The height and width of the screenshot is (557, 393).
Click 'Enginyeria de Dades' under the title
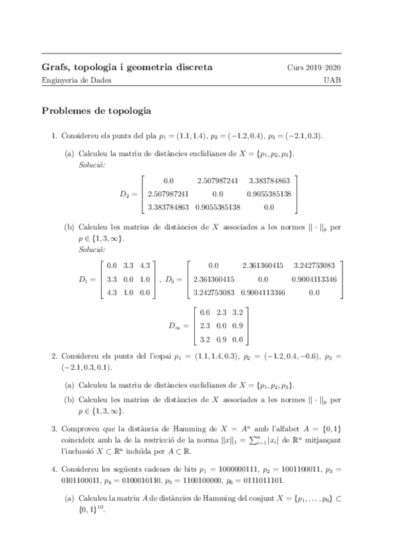[77, 80]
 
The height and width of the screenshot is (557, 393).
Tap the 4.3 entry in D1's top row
[146, 266]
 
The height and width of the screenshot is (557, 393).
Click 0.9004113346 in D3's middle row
[314, 279]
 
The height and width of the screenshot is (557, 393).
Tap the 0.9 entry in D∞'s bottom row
[222, 339]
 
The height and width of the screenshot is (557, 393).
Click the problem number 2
[54, 356]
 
